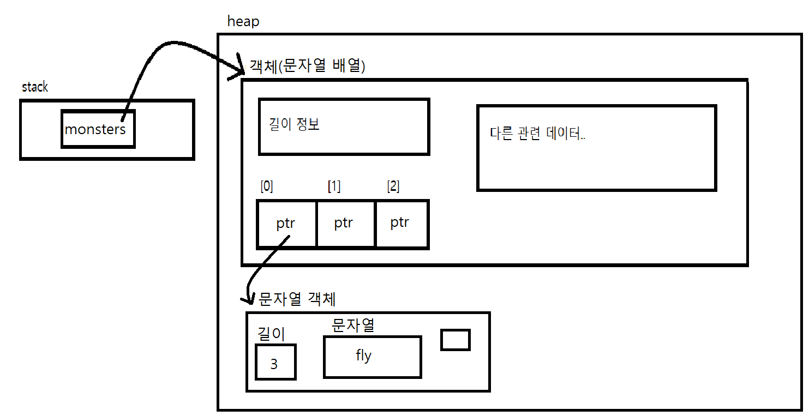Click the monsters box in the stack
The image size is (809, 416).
tap(98, 129)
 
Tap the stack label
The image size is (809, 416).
tap(35, 87)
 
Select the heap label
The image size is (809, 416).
tap(243, 22)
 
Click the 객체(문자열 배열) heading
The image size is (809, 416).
tap(307, 66)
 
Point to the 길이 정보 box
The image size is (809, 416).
tap(344, 126)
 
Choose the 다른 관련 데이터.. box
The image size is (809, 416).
tap(596, 148)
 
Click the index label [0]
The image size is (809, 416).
tap(267, 186)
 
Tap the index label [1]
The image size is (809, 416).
tap(334, 186)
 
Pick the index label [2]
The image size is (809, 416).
tap(393, 186)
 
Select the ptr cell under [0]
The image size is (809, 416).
tap(286, 224)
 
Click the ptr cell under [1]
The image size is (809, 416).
tap(345, 224)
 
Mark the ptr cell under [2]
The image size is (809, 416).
tap(401, 224)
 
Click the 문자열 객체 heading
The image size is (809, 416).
tap(297, 299)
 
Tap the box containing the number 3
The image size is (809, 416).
tap(275, 362)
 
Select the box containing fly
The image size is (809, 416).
tap(372, 357)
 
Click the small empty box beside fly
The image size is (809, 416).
tap(455, 340)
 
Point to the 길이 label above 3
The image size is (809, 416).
tap(271, 333)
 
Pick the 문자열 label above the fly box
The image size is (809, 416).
tap(353, 325)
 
